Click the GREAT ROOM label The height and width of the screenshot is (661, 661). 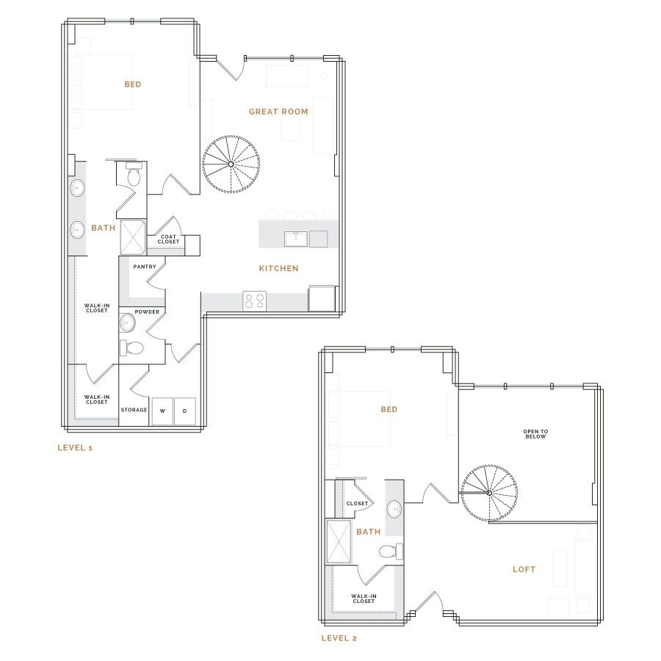point(278,112)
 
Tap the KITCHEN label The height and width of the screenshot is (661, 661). point(278,268)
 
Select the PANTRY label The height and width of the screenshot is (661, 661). point(145,267)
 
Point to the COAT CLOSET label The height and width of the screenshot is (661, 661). point(168,239)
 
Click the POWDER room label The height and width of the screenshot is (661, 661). point(147,311)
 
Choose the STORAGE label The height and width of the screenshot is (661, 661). point(134,409)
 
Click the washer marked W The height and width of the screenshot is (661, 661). point(162,411)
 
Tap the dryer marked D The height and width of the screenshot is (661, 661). point(184,411)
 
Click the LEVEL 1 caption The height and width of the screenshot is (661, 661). point(75,448)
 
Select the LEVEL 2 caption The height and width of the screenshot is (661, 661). point(339,637)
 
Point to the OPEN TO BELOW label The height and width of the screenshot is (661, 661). point(535,434)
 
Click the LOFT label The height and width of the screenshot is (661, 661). point(524,569)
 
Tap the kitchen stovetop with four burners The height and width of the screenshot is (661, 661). point(255,301)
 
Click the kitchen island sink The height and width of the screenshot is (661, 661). point(295,239)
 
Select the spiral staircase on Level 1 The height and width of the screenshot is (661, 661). point(231,164)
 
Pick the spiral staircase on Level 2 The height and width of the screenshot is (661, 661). point(489,493)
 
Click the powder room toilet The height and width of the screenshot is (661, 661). point(132,348)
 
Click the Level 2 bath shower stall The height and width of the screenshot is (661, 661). point(339,541)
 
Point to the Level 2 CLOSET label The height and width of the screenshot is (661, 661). point(357,503)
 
